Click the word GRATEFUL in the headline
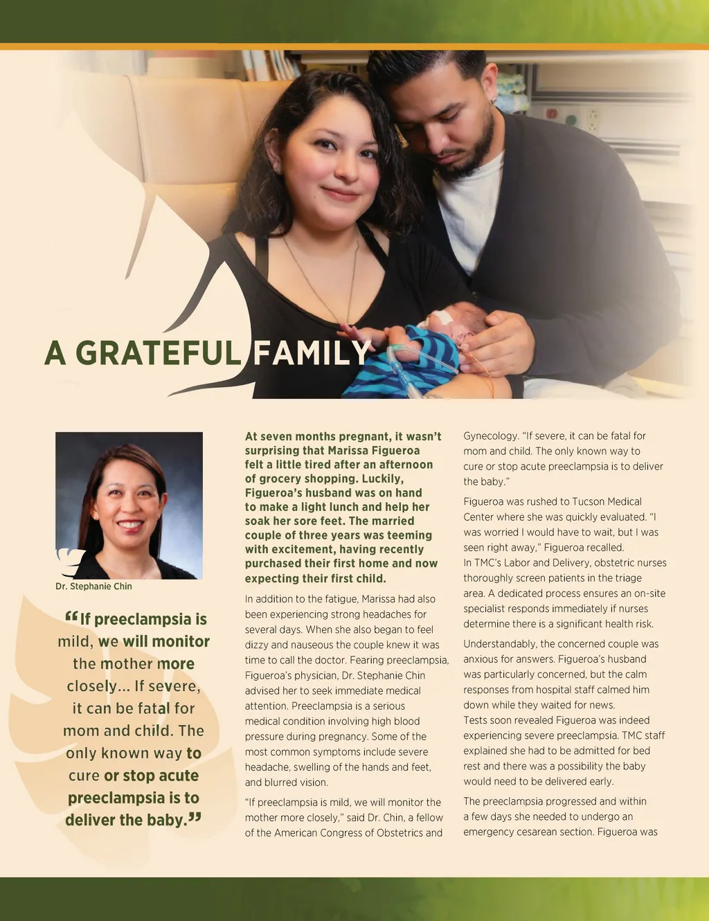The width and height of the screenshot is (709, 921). point(158,353)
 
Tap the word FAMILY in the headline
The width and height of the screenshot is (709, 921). point(312,353)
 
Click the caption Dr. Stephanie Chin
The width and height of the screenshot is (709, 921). point(93,587)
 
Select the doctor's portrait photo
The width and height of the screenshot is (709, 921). point(129,505)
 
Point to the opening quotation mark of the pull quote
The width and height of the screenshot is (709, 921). point(71,616)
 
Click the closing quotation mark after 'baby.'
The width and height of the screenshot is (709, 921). point(195,818)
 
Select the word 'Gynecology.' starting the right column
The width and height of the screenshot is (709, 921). point(491,436)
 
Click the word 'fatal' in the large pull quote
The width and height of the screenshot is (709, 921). point(156,708)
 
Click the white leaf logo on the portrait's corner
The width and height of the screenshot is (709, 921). point(70,562)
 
